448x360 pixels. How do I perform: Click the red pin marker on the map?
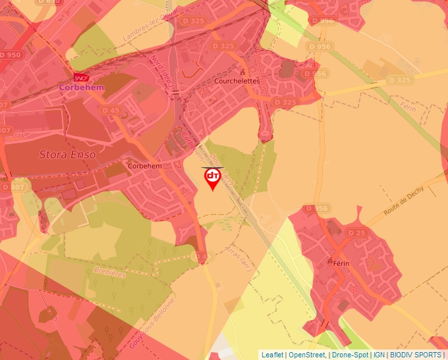[212, 178]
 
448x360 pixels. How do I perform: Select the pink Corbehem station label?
[78, 86]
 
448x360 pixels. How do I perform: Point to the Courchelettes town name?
[237, 81]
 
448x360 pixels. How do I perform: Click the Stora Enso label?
[67, 155]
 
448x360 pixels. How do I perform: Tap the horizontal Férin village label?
[340, 263]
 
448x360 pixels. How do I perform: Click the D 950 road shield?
[10, 55]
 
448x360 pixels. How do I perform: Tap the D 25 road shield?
[356, 233]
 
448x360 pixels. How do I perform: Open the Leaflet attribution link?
[272, 355]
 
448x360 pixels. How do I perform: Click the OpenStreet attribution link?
[307, 355]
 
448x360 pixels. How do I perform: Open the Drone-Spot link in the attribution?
[350, 355]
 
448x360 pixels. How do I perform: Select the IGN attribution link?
[379, 355]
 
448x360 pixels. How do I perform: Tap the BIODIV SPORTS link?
[416, 355]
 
